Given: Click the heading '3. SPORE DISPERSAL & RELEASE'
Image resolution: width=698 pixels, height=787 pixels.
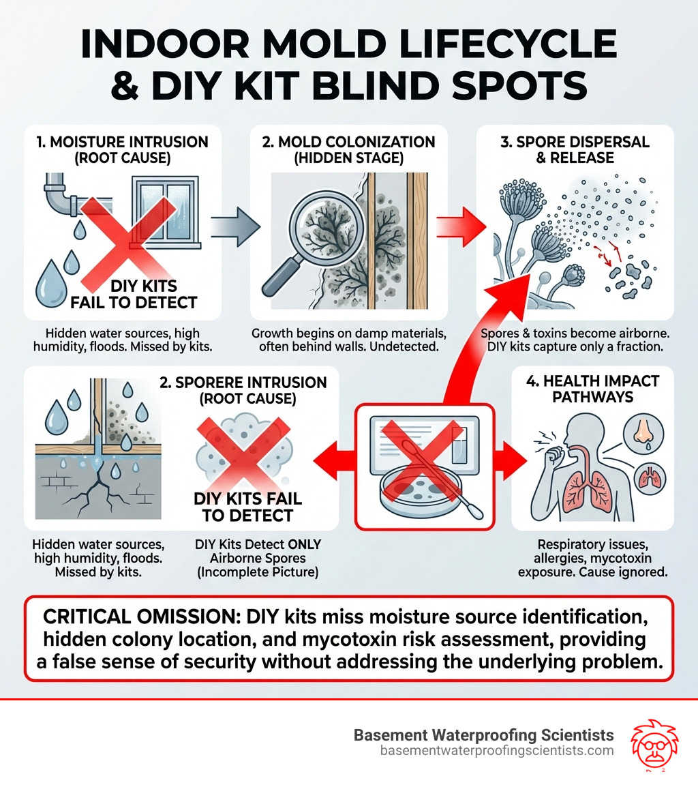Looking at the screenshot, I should pos(575,150).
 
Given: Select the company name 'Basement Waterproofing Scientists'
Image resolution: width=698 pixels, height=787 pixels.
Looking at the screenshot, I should pos(484,735).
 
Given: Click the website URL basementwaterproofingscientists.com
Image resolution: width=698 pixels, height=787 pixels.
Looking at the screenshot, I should pos(497,750).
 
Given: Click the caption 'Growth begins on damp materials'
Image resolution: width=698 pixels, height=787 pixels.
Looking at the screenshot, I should pos(349,334).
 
